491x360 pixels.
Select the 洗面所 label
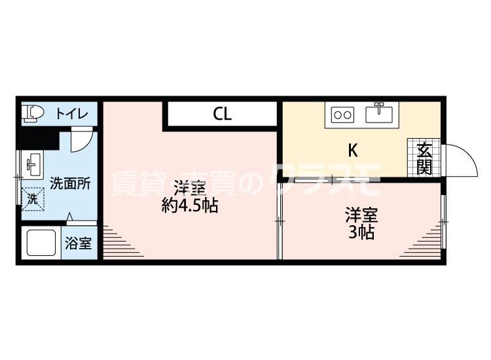coord(71,183)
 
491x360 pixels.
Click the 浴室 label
coord(79,243)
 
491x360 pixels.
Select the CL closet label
coord(222,115)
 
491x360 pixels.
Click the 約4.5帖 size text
coord(190,206)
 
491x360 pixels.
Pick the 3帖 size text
coord(361,232)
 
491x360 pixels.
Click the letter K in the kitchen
coord(352,151)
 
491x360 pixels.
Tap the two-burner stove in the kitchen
coord(342,115)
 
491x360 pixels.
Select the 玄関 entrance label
coord(425,158)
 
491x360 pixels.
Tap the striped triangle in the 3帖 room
coord(428,242)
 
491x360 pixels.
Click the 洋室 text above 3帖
coord(361,215)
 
